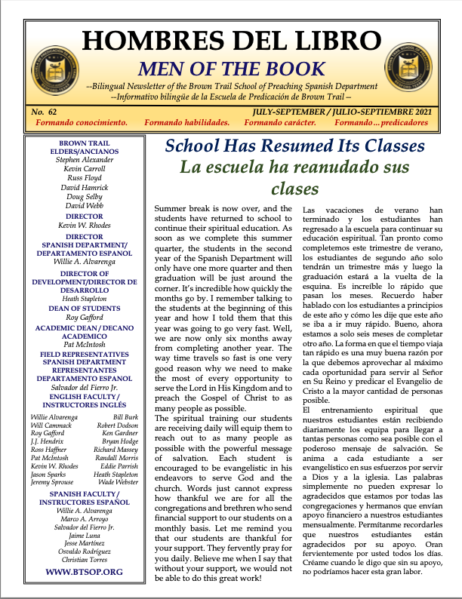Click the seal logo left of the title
tap(49, 60)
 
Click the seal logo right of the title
tap(413, 60)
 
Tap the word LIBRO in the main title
tap(334, 41)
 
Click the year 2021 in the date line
tap(419, 112)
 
